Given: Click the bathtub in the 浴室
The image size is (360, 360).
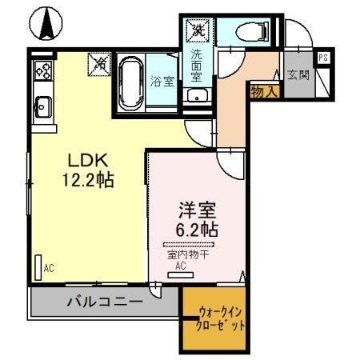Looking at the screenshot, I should point(130,82).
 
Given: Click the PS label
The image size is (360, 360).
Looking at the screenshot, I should point(323,58).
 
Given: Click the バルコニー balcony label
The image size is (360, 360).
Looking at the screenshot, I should point(105,303).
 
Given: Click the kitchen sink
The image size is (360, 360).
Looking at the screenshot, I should point(42,104).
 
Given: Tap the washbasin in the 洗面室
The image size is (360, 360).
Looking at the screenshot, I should point(197,97).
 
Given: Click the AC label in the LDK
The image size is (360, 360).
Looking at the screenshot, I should point(49,268).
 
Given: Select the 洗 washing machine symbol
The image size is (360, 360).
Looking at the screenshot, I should point(197,30).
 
